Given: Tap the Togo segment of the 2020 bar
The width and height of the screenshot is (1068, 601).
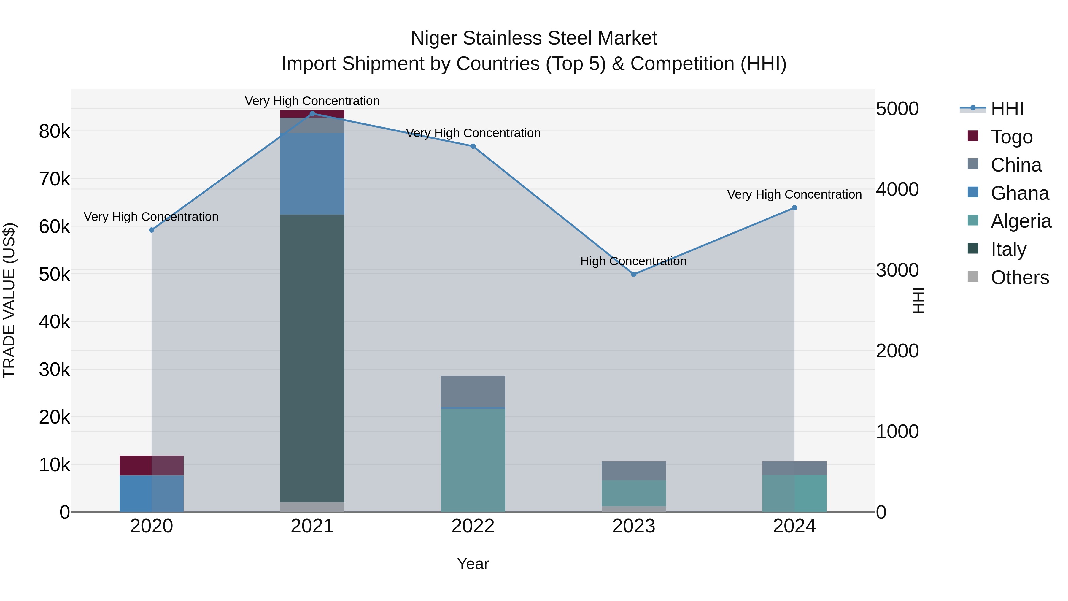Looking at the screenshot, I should coord(151,465).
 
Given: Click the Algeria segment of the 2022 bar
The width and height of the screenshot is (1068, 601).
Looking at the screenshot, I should coord(473,460).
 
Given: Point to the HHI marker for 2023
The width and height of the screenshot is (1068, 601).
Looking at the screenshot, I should coord(633,274).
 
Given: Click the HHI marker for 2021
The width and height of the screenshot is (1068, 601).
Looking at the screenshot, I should coord(312,113).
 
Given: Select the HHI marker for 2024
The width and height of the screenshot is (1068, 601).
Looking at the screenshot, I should coord(794,208).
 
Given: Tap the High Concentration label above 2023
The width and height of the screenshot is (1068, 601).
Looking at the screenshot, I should coord(633,261).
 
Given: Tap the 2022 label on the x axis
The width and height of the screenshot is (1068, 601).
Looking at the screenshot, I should coord(473,526).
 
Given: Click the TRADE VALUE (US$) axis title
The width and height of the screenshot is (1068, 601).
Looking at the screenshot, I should coord(9,300).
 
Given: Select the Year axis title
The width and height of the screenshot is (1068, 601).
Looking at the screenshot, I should coord(473,564).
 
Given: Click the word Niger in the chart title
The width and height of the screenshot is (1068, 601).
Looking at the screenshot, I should coord(434,38).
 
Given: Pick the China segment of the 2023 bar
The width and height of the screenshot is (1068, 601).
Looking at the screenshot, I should coord(633,470).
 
